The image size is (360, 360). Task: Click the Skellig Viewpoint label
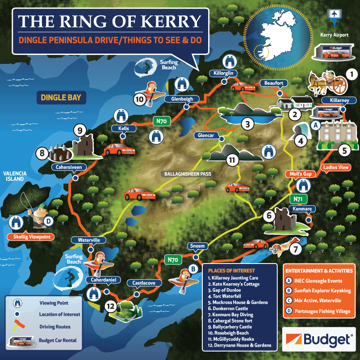(29, 237)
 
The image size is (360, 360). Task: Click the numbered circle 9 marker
(79, 131)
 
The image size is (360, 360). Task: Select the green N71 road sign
(299, 198)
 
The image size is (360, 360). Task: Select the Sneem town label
(197, 246)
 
